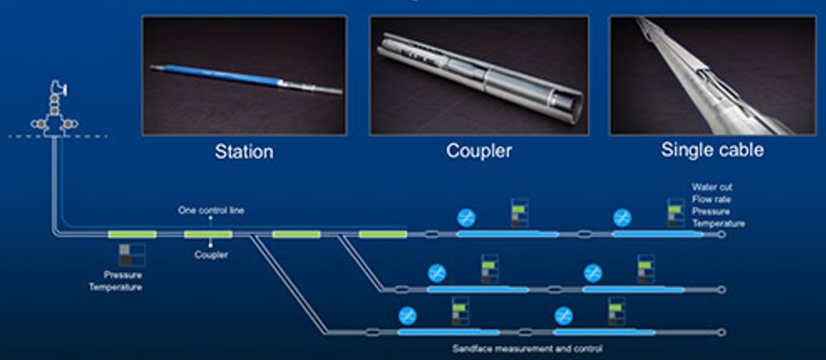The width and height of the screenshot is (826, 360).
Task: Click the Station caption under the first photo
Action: point(244,151)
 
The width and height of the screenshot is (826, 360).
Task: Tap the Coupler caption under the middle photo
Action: point(479,151)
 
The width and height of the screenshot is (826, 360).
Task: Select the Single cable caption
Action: point(712,150)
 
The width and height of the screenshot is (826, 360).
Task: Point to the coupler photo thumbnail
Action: point(479,75)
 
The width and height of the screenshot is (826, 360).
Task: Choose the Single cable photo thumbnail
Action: point(712,75)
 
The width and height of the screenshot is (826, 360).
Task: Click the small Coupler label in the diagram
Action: point(210,255)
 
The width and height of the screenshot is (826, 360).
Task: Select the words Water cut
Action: point(713,187)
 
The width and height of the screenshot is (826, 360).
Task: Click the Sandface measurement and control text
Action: point(527,349)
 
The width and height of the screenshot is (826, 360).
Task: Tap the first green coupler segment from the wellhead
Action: point(131,234)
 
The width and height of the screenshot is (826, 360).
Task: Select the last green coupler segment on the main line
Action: point(382,234)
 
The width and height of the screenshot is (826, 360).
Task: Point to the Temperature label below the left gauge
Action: point(115,287)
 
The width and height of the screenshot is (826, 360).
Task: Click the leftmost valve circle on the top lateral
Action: point(466,217)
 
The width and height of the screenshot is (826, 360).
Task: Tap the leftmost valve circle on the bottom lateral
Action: point(407,316)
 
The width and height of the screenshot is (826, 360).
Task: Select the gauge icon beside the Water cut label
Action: point(675,213)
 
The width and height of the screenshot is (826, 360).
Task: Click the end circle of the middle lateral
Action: point(721,289)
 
